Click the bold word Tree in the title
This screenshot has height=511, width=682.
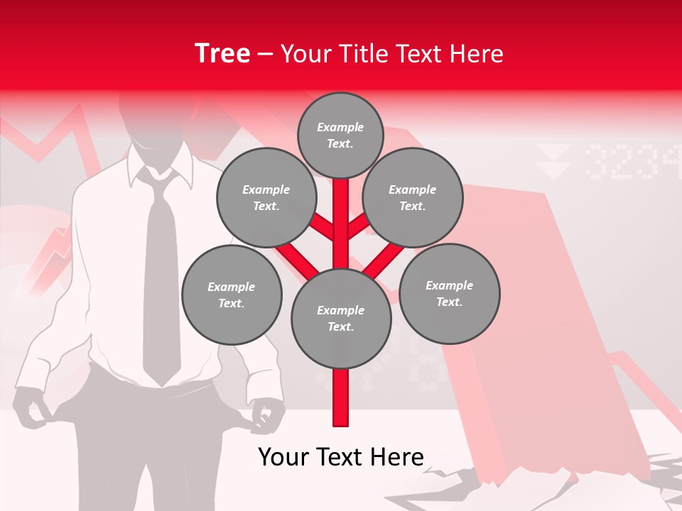click(222, 53)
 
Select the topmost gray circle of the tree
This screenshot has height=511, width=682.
click(340, 135)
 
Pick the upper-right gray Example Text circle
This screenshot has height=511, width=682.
click(413, 197)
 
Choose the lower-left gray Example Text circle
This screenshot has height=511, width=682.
click(232, 295)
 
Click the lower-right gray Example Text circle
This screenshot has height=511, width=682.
click(450, 293)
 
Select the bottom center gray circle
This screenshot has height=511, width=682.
click(341, 318)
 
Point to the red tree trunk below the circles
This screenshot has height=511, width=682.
click(341, 397)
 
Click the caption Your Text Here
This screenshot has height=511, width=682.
click(341, 457)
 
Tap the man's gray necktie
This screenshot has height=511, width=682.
click(161, 284)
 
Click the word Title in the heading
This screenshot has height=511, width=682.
click(367, 54)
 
